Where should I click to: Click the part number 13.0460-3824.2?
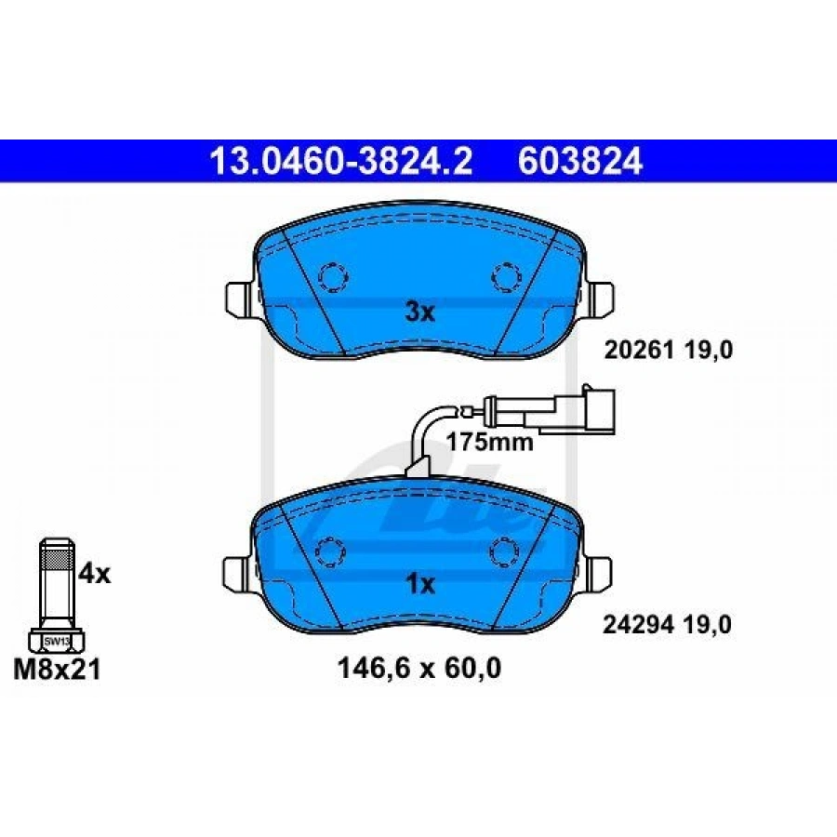coord(341,161)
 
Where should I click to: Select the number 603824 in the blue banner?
coord(579,161)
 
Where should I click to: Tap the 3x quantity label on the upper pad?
coord(420,312)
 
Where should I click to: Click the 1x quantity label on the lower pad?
coord(421,585)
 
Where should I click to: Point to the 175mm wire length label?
coord(489,442)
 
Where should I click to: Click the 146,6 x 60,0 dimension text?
coord(419,669)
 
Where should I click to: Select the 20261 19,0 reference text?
coord(669,351)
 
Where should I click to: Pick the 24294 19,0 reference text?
coord(667,625)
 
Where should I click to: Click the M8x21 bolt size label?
coord(57,670)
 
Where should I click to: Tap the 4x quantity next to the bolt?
coord(95,575)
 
